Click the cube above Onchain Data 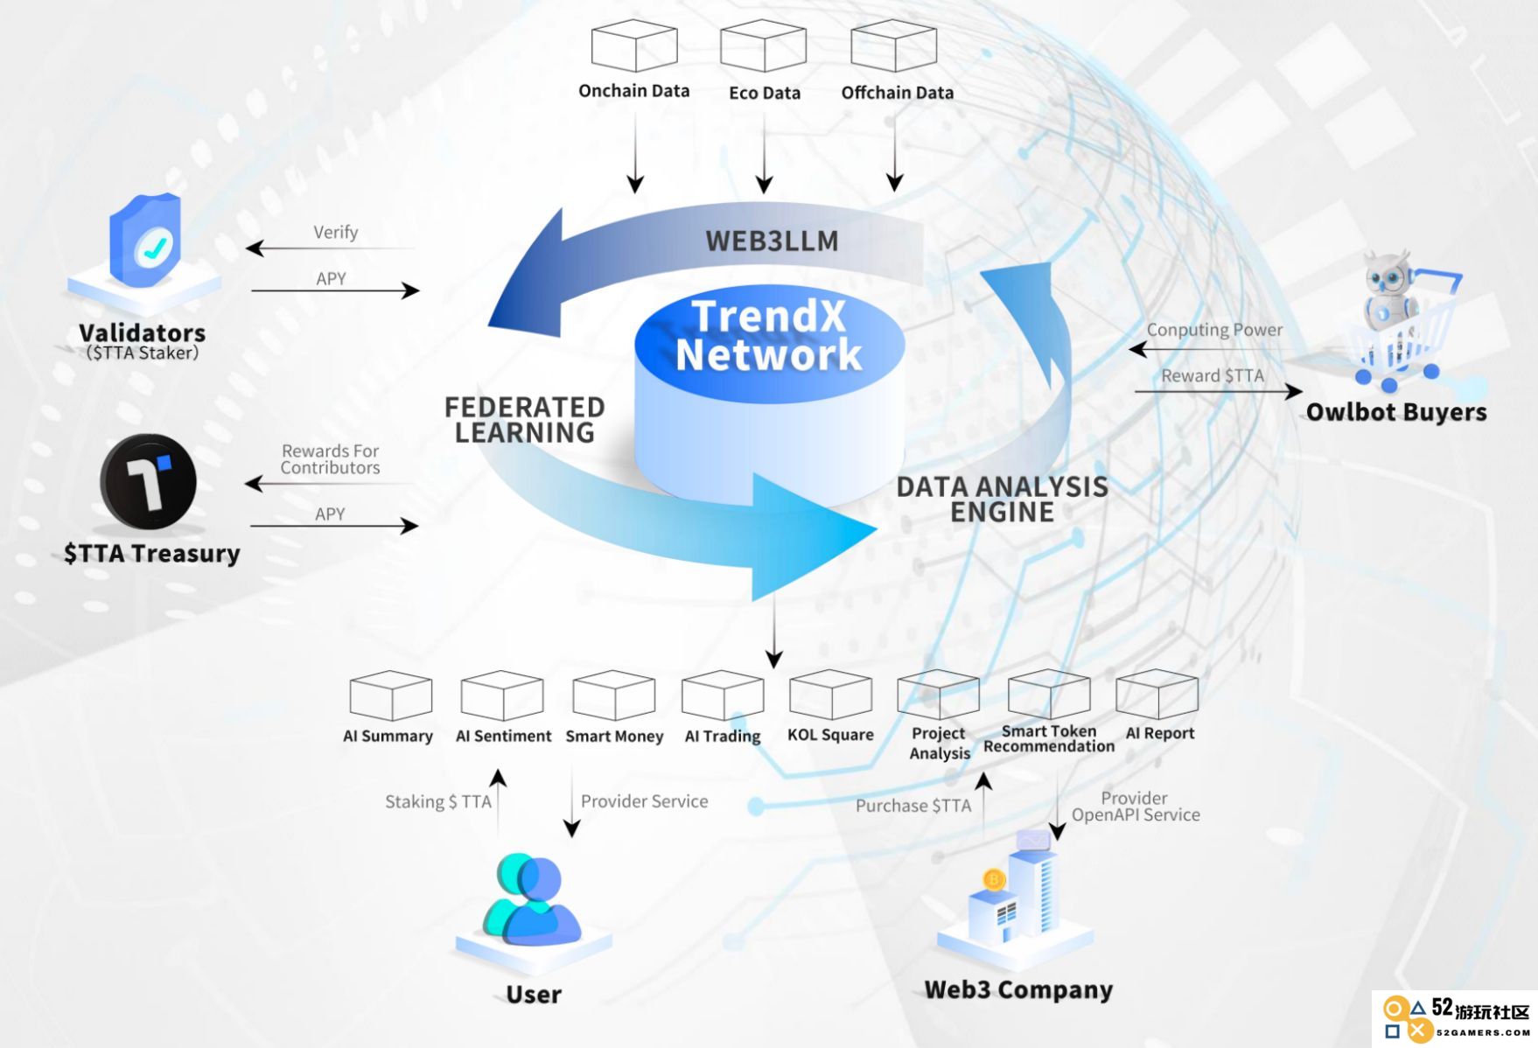pos(634,45)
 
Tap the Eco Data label pos(765,93)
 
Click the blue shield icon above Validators pos(145,240)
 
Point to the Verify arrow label pos(336,233)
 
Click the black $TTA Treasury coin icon pos(148,482)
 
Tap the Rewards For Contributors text pos(330,459)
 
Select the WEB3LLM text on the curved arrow pos(772,241)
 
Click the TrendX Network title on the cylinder pos(769,336)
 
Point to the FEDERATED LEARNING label pos(524,420)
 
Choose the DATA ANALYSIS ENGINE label pos(1002,499)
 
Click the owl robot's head pos(1388,273)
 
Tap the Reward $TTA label pos(1213,376)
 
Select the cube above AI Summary pos(391,695)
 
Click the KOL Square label pos(830,735)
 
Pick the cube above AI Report pos(1157,694)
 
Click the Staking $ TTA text pos(438,802)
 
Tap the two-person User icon pos(531,899)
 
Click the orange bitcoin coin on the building pos(994,879)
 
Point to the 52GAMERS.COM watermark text pos(1483,1033)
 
